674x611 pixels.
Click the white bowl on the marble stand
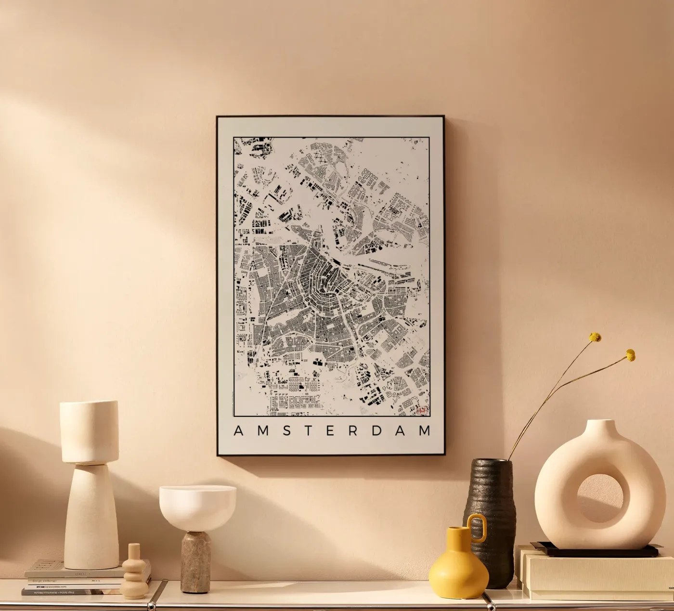point(197,506)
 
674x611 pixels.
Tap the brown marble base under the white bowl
point(195,561)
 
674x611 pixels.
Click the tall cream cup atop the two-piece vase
point(89,431)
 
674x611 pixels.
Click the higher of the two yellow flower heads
point(596,337)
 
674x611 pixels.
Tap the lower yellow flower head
point(630,355)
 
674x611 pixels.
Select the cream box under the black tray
point(597,575)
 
